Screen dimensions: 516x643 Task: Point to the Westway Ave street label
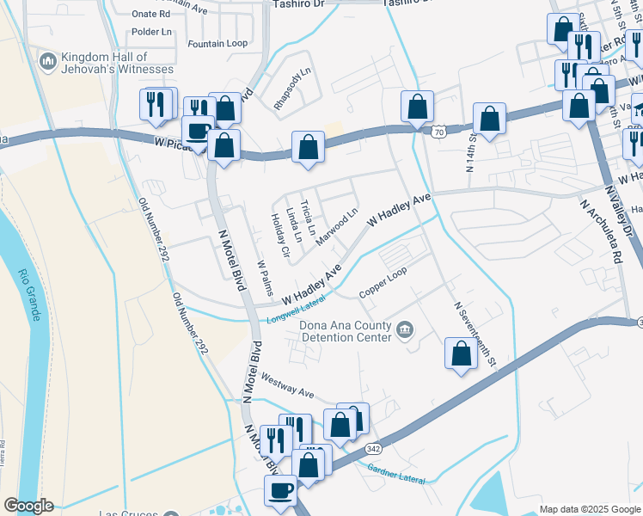tap(287, 384)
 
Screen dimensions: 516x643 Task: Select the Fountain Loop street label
tap(217, 43)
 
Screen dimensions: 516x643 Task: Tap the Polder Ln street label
tap(152, 32)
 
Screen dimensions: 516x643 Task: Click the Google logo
tap(28, 506)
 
